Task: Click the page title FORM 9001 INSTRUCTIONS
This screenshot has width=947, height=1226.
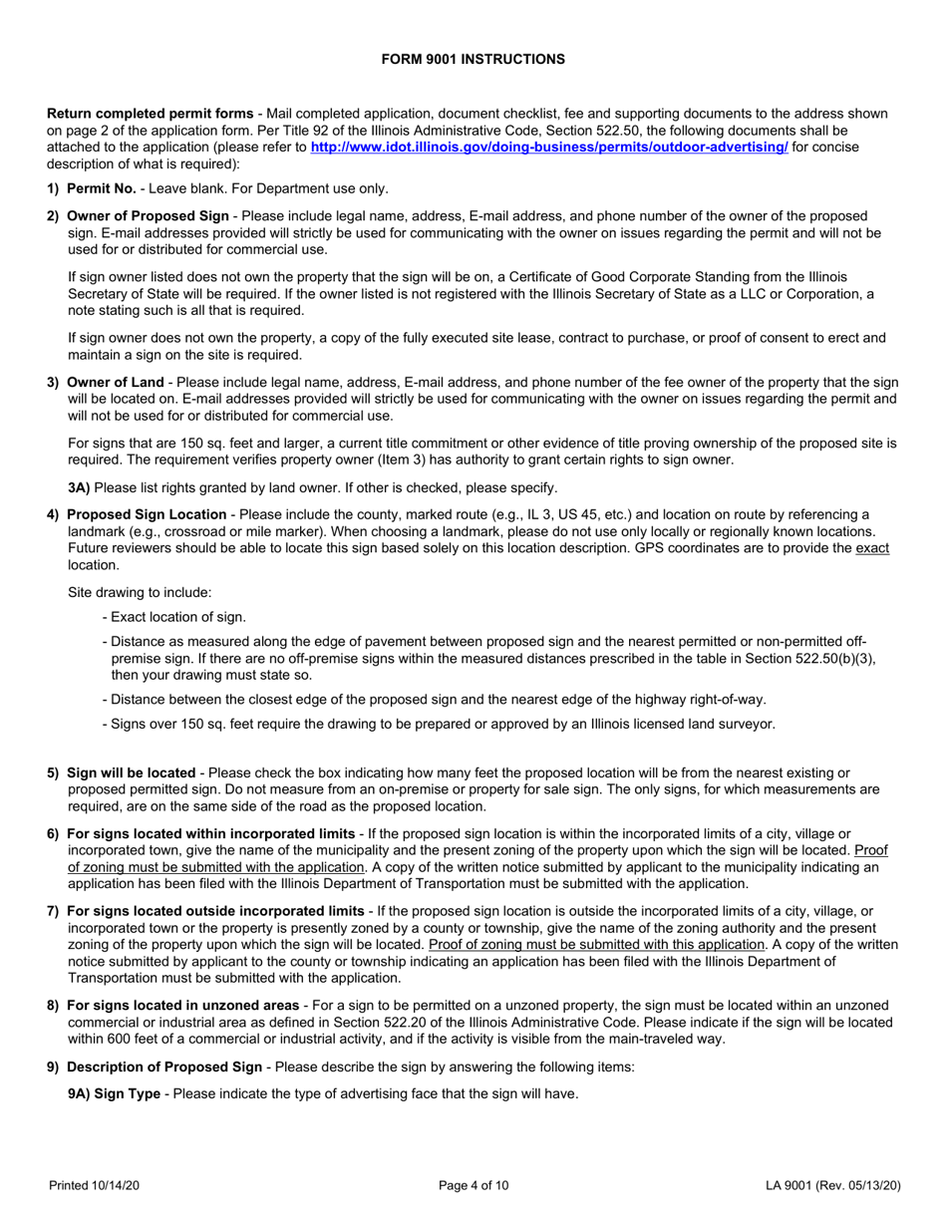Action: click(x=473, y=60)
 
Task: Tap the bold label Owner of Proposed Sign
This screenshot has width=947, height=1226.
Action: click(x=149, y=215)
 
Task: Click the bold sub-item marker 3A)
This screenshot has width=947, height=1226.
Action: click(x=79, y=487)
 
